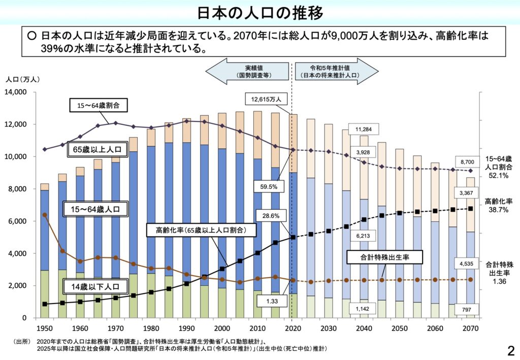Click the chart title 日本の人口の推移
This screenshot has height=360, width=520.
(259, 12)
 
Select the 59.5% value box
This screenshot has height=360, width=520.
(268, 187)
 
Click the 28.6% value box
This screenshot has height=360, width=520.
(268, 216)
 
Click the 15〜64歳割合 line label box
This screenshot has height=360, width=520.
(98, 106)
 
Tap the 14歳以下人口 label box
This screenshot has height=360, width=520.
(96, 287)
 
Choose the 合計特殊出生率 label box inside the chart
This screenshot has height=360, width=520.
(385, 257)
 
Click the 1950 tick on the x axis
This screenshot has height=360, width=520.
(45, 328)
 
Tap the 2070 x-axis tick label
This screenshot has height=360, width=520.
(470, 328)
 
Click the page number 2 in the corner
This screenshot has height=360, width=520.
(510, 350)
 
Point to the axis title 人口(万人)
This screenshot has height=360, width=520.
(22, 79)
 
